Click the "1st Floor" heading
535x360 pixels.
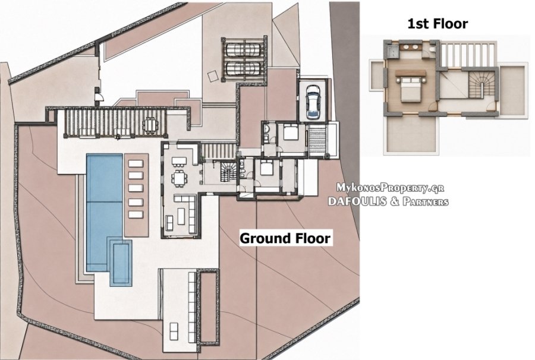438,24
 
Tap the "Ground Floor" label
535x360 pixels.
285,238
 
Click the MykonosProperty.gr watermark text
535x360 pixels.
390,187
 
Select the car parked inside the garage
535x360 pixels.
313,101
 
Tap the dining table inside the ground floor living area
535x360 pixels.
179,178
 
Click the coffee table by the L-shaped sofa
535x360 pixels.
181,216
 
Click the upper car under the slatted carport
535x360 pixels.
244,50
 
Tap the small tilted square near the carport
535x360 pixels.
213,75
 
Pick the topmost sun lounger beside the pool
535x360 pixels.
136,163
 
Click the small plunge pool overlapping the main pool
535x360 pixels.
121,263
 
